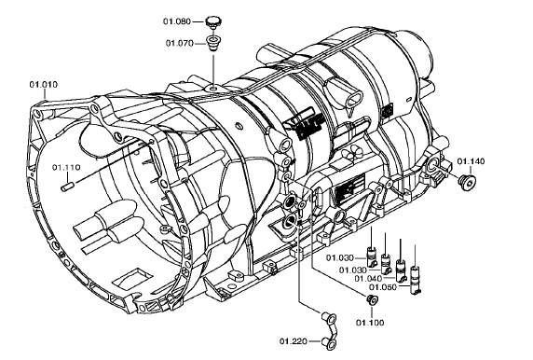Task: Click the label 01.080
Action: (x=177, y=21)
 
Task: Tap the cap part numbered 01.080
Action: (x=213, y=21)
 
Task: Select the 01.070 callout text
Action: (x=180, y=43)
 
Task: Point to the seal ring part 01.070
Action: (x=213, y=43)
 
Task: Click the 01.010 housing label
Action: (x=44, y=84)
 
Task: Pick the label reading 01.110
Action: (x=66, y=167)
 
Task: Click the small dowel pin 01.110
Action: (x=67, y=187)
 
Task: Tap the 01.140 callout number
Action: (x=471, y=161)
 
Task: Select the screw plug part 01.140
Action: (x=467, y=183)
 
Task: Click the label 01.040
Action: (x=368, y=279)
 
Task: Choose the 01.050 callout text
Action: (x=383, y=287)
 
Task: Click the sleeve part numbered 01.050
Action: (x=415, y=279)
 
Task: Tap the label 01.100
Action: (x=370, y=323)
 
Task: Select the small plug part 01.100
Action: (x=373, y=300)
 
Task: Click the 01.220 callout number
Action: (x=294, y=341)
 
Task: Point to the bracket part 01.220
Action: (x=329, y=330)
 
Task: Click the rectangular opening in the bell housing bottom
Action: (x=130, y=277)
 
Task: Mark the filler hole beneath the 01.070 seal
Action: (x=213, y=89)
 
